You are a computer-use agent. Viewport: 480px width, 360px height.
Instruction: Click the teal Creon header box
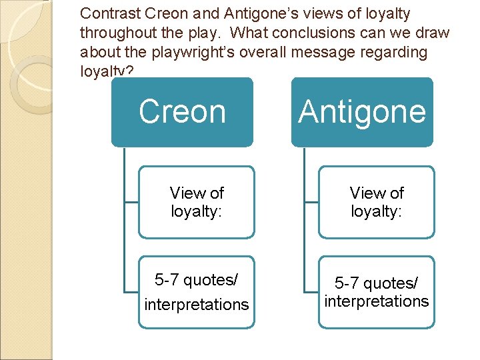tap(182, 112)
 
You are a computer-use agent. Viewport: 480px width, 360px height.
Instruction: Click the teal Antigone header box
tap(362, 112)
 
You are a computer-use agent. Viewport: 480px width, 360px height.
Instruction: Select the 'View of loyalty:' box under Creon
tap(197, 202)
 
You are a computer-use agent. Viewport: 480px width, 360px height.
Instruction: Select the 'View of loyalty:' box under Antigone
tap(377, 202)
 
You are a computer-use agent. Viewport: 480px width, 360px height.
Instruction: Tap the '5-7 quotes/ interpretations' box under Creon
tap(197, 292)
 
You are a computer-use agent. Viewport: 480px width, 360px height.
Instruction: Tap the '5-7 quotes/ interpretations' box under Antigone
tap(377, 292)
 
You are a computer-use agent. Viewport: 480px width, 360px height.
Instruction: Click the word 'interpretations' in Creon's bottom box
tap(197, 305)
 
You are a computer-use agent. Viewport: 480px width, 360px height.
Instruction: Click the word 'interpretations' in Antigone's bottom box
tap(377, 301)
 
